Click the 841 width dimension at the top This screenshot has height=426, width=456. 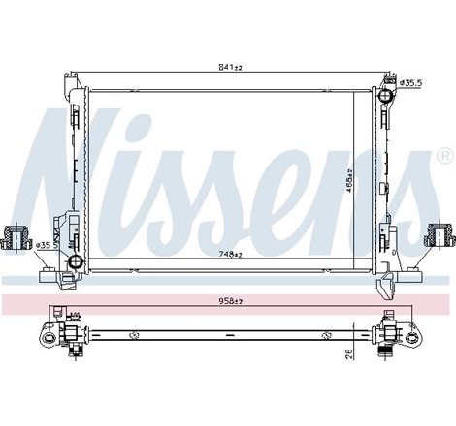230,67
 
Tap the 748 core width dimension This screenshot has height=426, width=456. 230,254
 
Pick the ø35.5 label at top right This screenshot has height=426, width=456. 412,84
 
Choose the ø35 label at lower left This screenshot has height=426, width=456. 43,245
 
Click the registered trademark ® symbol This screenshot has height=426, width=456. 443,155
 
